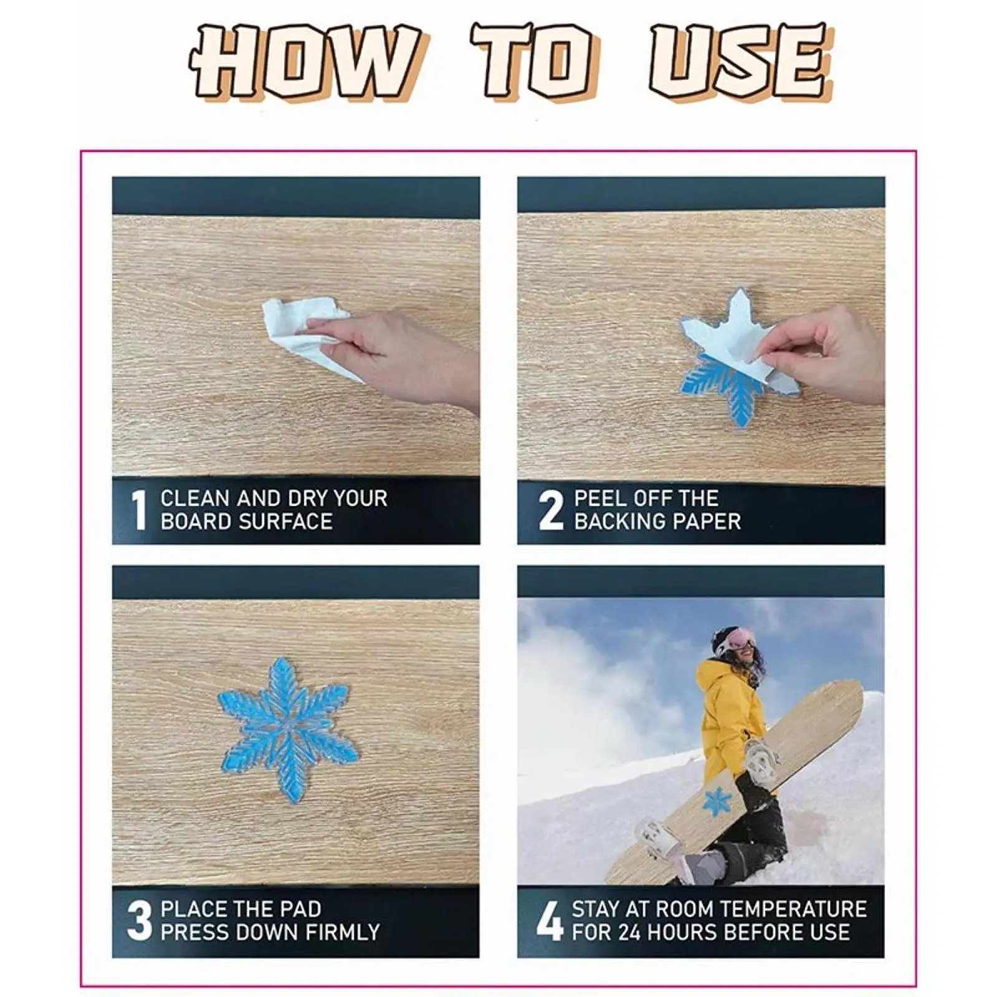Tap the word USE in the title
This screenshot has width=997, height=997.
tap(742, 60)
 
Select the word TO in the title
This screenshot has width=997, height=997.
tap(536, 60)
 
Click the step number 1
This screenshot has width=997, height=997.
tap(139, 510)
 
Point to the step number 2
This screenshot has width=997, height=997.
tap(551, 510)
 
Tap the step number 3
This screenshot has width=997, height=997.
tap(140, 920)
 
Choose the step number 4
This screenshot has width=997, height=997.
tap(549, 920)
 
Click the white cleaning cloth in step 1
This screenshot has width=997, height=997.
tap(305, 336)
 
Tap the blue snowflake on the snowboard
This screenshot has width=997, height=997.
tap(717, 802)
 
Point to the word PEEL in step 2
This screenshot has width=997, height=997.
tap(598, 499)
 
